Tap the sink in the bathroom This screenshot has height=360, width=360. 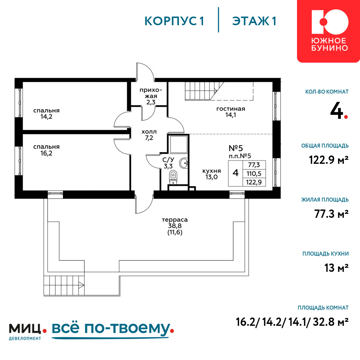coord(184,163)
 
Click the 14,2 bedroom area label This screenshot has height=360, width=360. coord(46,114)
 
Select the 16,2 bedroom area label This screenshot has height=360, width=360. coord(46,150)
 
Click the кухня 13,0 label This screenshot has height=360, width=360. coord(211,174)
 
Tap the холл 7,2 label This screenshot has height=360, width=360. coord(149,135)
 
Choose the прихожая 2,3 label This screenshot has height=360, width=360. coord(151,96)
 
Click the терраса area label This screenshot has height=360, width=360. coord(175,226)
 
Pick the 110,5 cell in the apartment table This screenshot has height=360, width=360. coord(254,174)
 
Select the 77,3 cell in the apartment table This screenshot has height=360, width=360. coord(254,165)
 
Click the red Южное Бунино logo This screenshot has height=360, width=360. coord(329,31)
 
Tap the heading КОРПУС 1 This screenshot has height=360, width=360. coord(174,21)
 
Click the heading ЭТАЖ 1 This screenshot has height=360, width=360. coord(254,21)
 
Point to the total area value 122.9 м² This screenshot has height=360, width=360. coord(329,160)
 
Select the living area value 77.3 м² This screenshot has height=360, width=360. coord(331,214)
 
